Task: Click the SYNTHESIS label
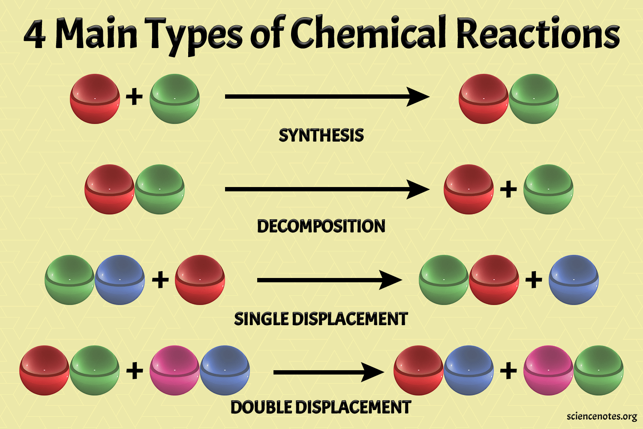point(321,135)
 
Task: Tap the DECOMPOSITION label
point(321,226)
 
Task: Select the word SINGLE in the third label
point(261,319)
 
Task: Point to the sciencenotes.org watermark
point(602,417)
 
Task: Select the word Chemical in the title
point(368,32)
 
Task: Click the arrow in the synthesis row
point(327,97)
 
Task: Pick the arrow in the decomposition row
point(327,189)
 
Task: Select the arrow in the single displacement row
point(330,280)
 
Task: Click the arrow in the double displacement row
point(329,372)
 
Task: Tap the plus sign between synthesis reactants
point(134,97)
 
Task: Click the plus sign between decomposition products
point(508,189)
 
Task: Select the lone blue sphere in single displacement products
point(574,280)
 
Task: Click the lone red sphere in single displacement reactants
point(200,280)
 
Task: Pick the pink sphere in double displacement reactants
point(174,370)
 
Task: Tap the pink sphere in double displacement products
point(548,370)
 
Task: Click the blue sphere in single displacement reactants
point(120,280)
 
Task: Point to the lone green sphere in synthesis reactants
point(174,99)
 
